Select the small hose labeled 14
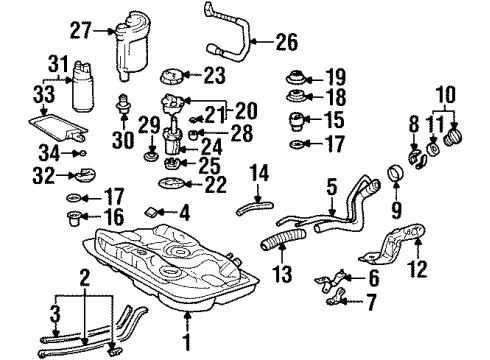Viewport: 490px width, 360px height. tap(254, 208)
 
